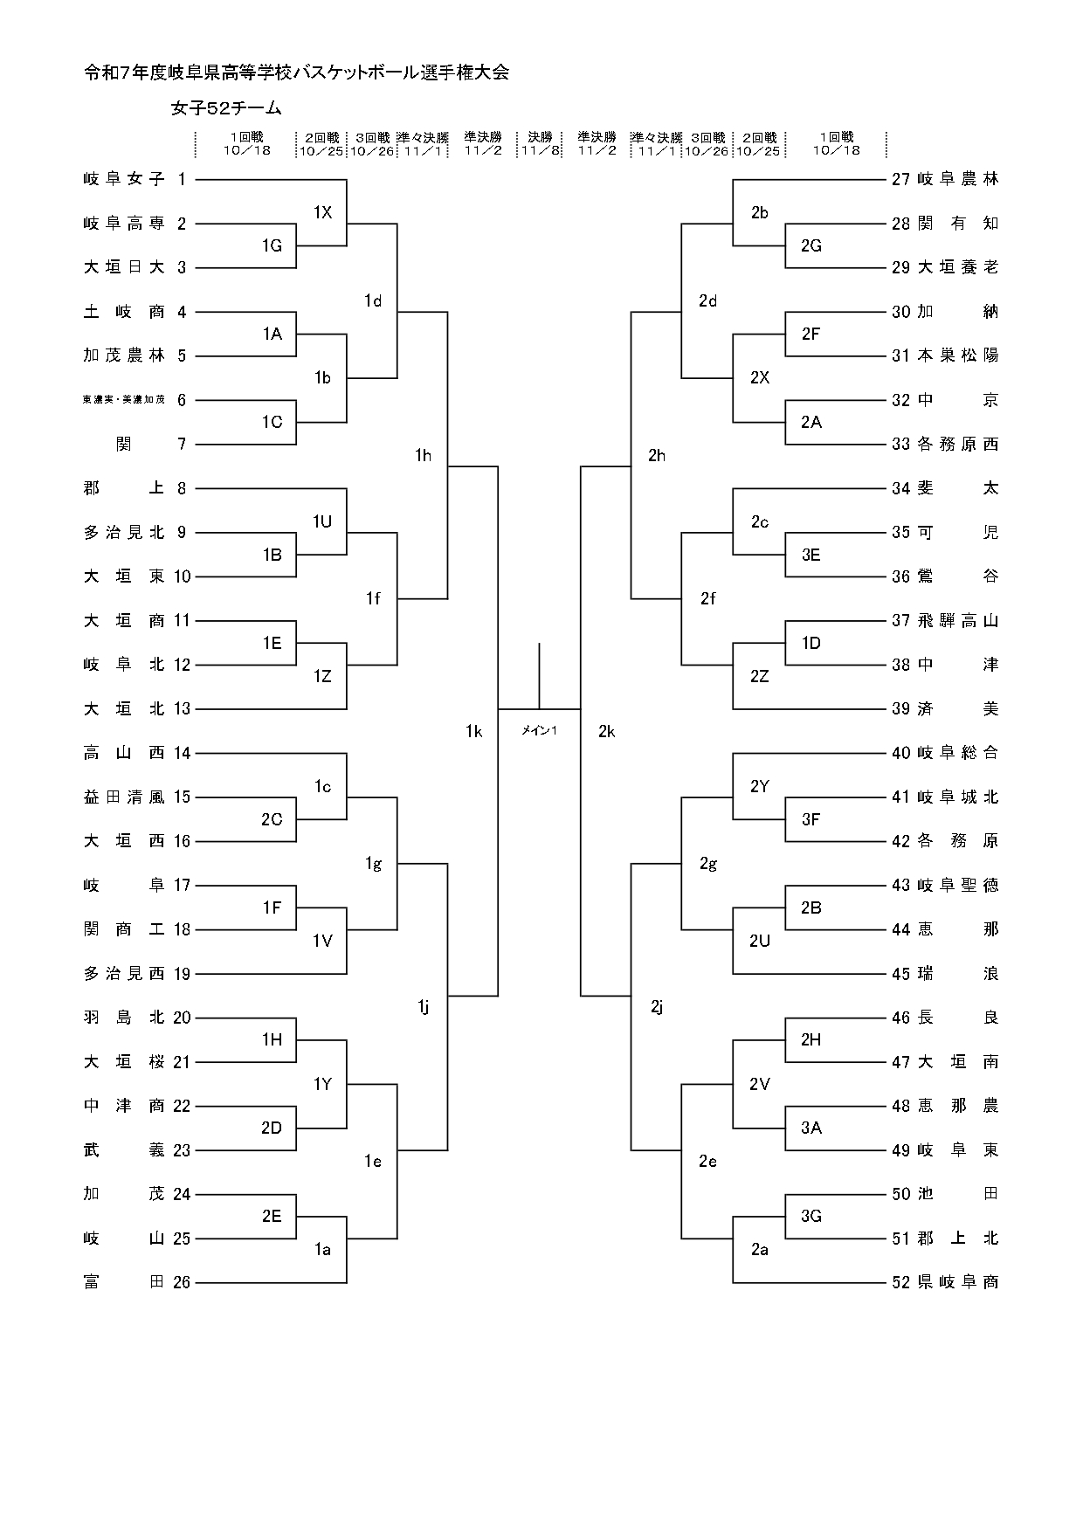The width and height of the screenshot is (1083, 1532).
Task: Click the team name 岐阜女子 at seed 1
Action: (x=124, y=179)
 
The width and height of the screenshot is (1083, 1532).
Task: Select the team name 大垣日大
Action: (x=124, y=267)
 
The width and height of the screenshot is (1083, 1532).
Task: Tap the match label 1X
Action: (x=322, y=212)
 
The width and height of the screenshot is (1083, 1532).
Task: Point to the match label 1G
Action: (x=272, y=245)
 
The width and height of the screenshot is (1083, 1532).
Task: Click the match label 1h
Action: (x=424, y=455)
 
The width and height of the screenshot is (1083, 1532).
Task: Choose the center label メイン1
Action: (x=539, y=731)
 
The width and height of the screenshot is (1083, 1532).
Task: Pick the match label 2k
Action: (x=606, y=731)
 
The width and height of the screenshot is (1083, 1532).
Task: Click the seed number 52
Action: (x=900, y=1282)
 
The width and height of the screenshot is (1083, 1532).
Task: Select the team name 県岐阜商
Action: (x=958, y=1282)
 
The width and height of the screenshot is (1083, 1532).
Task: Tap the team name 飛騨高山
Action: (x=958, y=621)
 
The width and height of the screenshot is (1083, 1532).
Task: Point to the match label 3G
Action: (x=811, y=1216)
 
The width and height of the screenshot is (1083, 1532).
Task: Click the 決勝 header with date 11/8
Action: (x=540, y=143)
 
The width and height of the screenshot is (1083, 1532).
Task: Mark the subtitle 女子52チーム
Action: (x=227, y=108)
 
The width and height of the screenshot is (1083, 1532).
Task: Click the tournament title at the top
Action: (x=296, y=73)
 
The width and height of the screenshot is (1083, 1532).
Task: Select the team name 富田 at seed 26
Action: (x=124, y=1282)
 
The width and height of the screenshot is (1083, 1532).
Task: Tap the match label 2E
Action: (x=272, y=1216)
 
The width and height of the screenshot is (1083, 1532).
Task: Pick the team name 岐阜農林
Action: (x=958, y=179)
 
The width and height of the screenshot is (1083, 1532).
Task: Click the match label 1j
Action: (x=424, y=1007)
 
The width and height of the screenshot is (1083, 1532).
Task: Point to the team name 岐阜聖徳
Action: (x=958, y=886)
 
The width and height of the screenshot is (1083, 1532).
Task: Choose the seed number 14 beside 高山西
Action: (x=182, y=753)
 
